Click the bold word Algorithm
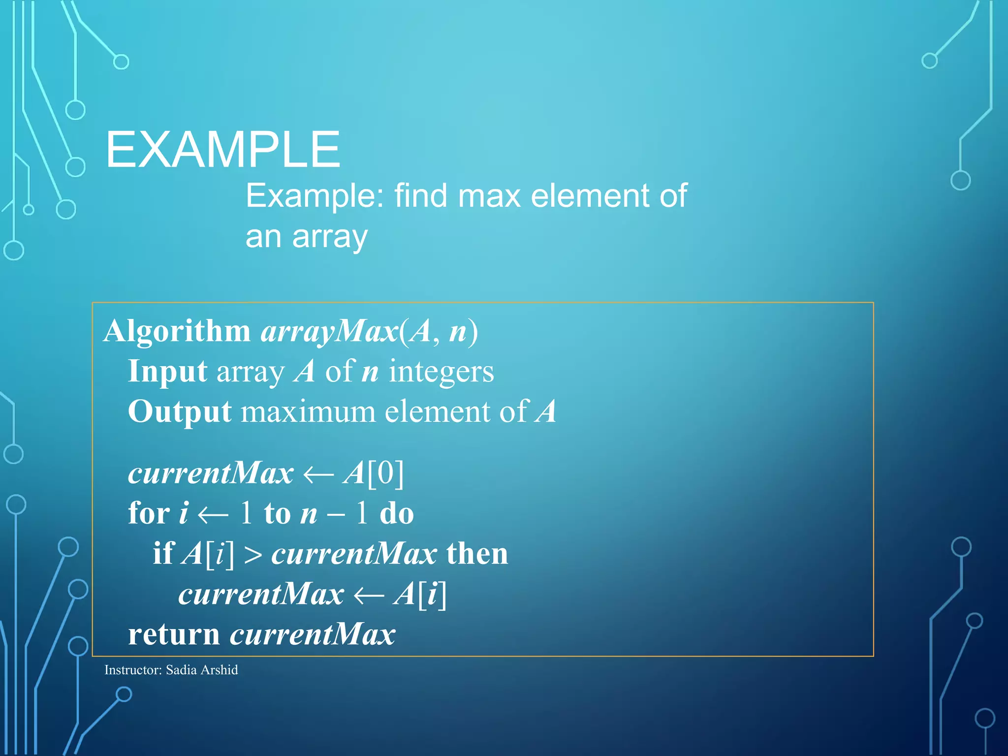click(x=177, y=331)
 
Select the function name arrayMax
click(x=329, y=332)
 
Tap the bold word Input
click(x=167, y=371)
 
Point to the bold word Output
click(x=180, y=411)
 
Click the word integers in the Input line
click(x=441, y=372)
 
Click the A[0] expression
click(x=374, y=473)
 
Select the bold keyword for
click(x=149, y=513)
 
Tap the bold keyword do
click(x=397, y=513)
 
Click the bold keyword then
click(x=477, y=554)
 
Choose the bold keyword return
click(x=174, y=634)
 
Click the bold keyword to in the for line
click(x=278, y=514)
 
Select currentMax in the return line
click(x=313, y=634)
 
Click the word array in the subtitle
click(x=329, y=237)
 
